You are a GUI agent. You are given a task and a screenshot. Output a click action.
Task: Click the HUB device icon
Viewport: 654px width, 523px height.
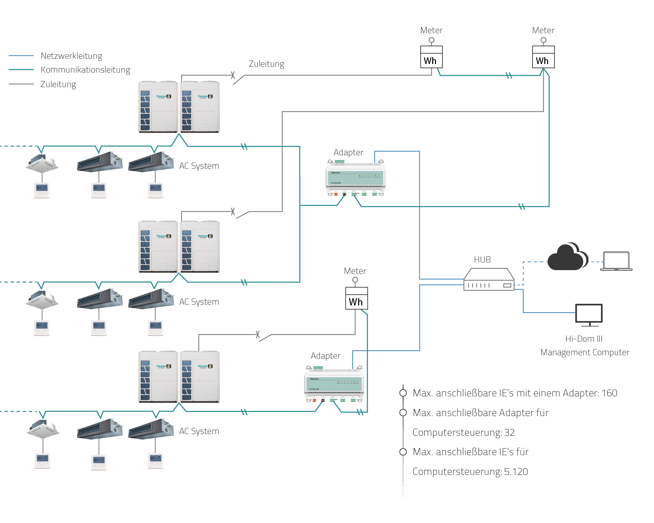point(489,279)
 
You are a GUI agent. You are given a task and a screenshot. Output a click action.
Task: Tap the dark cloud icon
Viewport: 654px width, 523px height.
point(567,257)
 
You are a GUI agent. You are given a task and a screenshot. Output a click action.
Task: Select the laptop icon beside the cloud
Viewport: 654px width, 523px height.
point(616,261)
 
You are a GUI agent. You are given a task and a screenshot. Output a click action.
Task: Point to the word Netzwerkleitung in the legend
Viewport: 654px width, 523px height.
point(71,56)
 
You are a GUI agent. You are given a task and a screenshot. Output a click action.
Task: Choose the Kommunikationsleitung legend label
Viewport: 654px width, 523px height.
point(85,70)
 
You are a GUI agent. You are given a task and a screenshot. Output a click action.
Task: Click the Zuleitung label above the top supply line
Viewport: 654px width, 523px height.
point(266,64)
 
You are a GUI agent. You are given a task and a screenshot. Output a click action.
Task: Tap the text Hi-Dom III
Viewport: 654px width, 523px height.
point(584,339)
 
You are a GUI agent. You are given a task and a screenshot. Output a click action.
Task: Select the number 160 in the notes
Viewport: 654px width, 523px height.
point(609,393)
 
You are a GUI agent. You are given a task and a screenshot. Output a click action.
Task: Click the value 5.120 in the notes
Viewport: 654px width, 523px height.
point(516,472)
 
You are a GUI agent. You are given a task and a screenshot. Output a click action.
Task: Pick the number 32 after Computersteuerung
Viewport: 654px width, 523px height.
point(509,433)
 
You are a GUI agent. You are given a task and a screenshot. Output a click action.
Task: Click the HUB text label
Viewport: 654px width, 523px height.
point(482,260)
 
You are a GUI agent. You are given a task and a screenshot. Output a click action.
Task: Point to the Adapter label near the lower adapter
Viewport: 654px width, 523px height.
point(326,356)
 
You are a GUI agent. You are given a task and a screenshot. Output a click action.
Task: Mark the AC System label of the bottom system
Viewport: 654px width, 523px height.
point(199,431)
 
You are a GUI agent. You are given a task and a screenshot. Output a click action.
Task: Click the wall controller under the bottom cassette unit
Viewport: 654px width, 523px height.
point(43,461)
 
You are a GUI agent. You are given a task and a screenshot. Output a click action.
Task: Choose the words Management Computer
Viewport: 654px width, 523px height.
point(585,352)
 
